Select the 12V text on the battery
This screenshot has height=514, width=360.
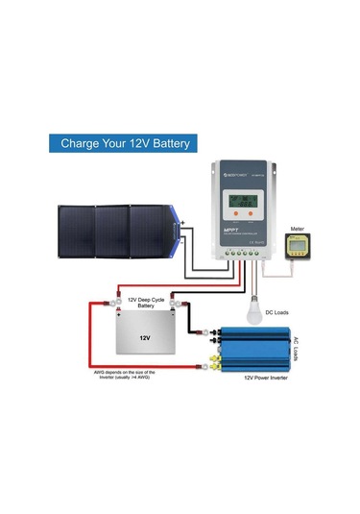point(144,337)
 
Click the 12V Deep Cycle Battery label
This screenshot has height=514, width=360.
point(143,304)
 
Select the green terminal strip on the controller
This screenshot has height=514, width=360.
point(242,257)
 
